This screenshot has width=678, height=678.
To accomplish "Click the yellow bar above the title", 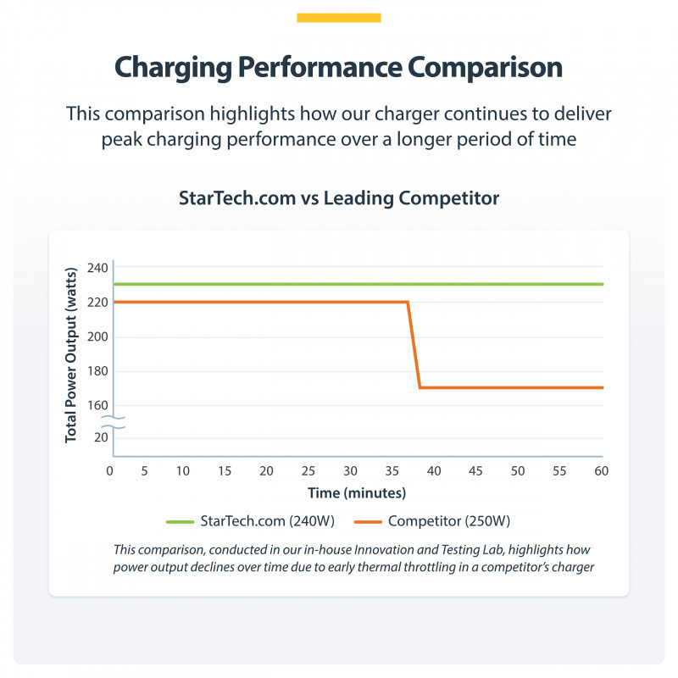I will tap(339, 17).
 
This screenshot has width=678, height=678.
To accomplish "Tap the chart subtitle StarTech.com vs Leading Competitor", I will tap(339, 197).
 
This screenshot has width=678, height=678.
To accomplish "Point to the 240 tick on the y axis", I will tap(97, 269).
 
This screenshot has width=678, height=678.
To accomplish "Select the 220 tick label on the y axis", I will tap(97, 302).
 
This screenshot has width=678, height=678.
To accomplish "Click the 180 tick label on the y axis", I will tap(97, 370).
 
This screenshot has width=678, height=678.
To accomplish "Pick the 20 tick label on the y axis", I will tap(102, 437).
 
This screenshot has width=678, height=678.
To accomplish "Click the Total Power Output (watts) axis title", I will tap(71, 353).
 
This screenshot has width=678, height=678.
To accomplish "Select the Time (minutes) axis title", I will tap(355, 492).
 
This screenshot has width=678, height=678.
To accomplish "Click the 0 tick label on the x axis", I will tap(110, 470).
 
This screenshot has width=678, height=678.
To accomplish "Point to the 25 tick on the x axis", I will tap(308, 470).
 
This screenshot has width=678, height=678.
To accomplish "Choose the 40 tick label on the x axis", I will tap(434, 470).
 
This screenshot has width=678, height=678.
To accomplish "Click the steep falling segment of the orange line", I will tap(414, 345).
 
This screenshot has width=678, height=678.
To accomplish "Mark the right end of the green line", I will tap(602, 284).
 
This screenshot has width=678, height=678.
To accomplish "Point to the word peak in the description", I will tap(125, 139).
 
